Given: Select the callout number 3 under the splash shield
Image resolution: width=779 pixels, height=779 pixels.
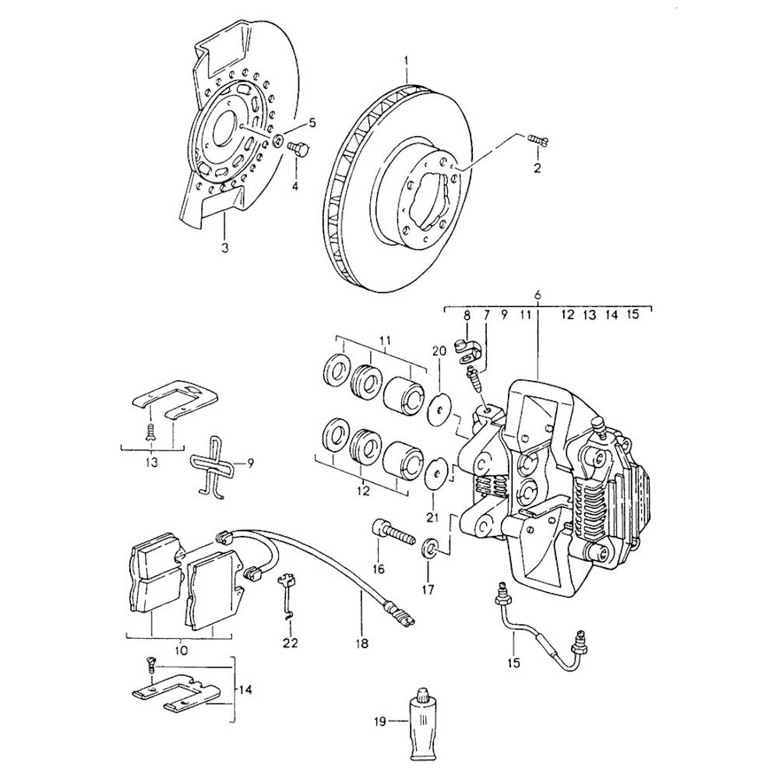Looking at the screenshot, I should tap(224, 249).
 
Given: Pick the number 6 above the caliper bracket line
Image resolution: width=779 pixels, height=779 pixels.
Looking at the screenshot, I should tap(538, 294).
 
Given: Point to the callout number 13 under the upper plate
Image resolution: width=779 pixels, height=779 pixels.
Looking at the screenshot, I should tap(151, 462).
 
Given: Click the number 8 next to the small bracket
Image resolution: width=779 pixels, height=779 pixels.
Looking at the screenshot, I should tap(467, 315).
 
